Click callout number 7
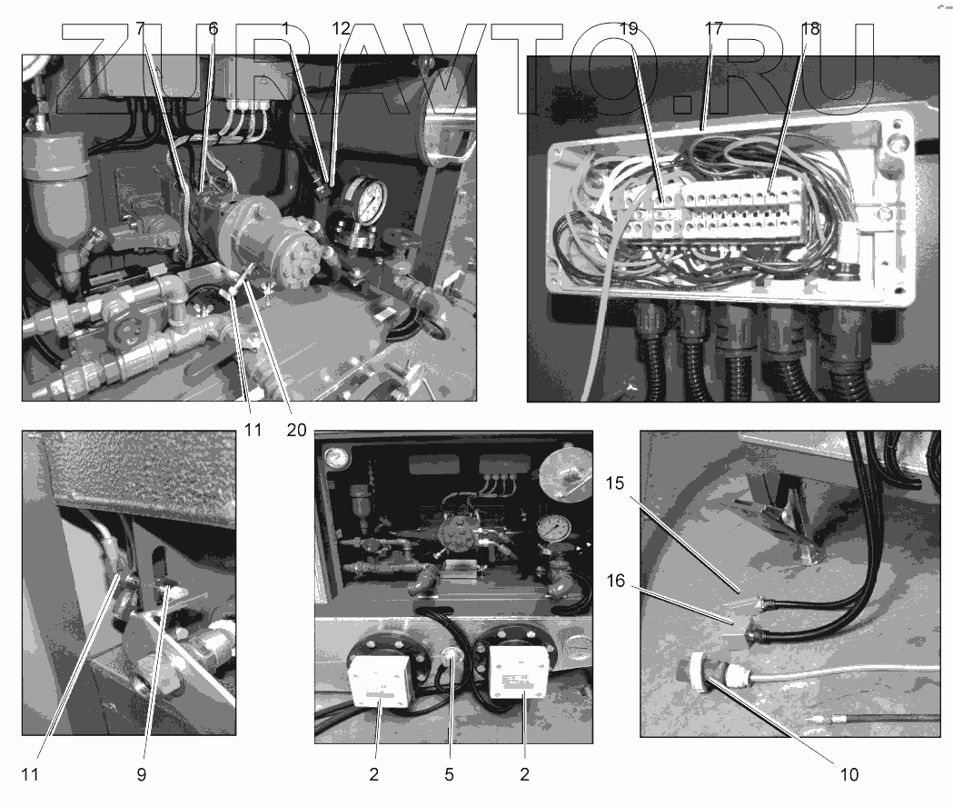141,28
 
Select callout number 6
213,28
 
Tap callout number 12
341,28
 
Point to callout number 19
629,28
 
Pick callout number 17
713,28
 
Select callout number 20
296,431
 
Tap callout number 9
141,774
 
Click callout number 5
449,774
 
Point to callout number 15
615,483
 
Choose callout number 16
616,581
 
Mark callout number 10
849,774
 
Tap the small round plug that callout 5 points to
452,656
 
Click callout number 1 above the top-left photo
285,28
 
